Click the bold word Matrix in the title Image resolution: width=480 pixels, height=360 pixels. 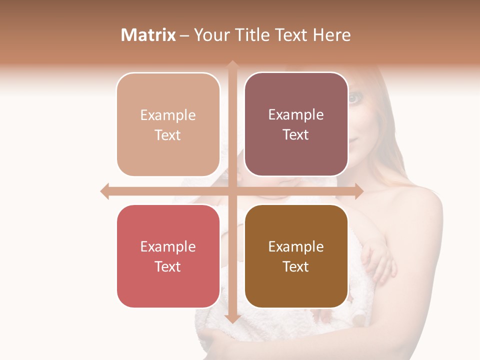148,35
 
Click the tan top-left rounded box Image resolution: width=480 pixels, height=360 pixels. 168,124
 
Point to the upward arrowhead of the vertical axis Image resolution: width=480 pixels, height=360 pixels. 232,65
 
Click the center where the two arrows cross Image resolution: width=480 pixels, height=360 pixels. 232,191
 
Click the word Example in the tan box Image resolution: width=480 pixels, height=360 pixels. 168,115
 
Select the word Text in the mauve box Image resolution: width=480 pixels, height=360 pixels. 296,135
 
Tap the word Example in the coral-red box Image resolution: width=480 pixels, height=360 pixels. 168,246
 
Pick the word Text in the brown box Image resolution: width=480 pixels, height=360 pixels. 296,266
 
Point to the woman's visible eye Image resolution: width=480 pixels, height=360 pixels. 353,98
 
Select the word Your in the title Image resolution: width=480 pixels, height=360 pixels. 210,35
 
